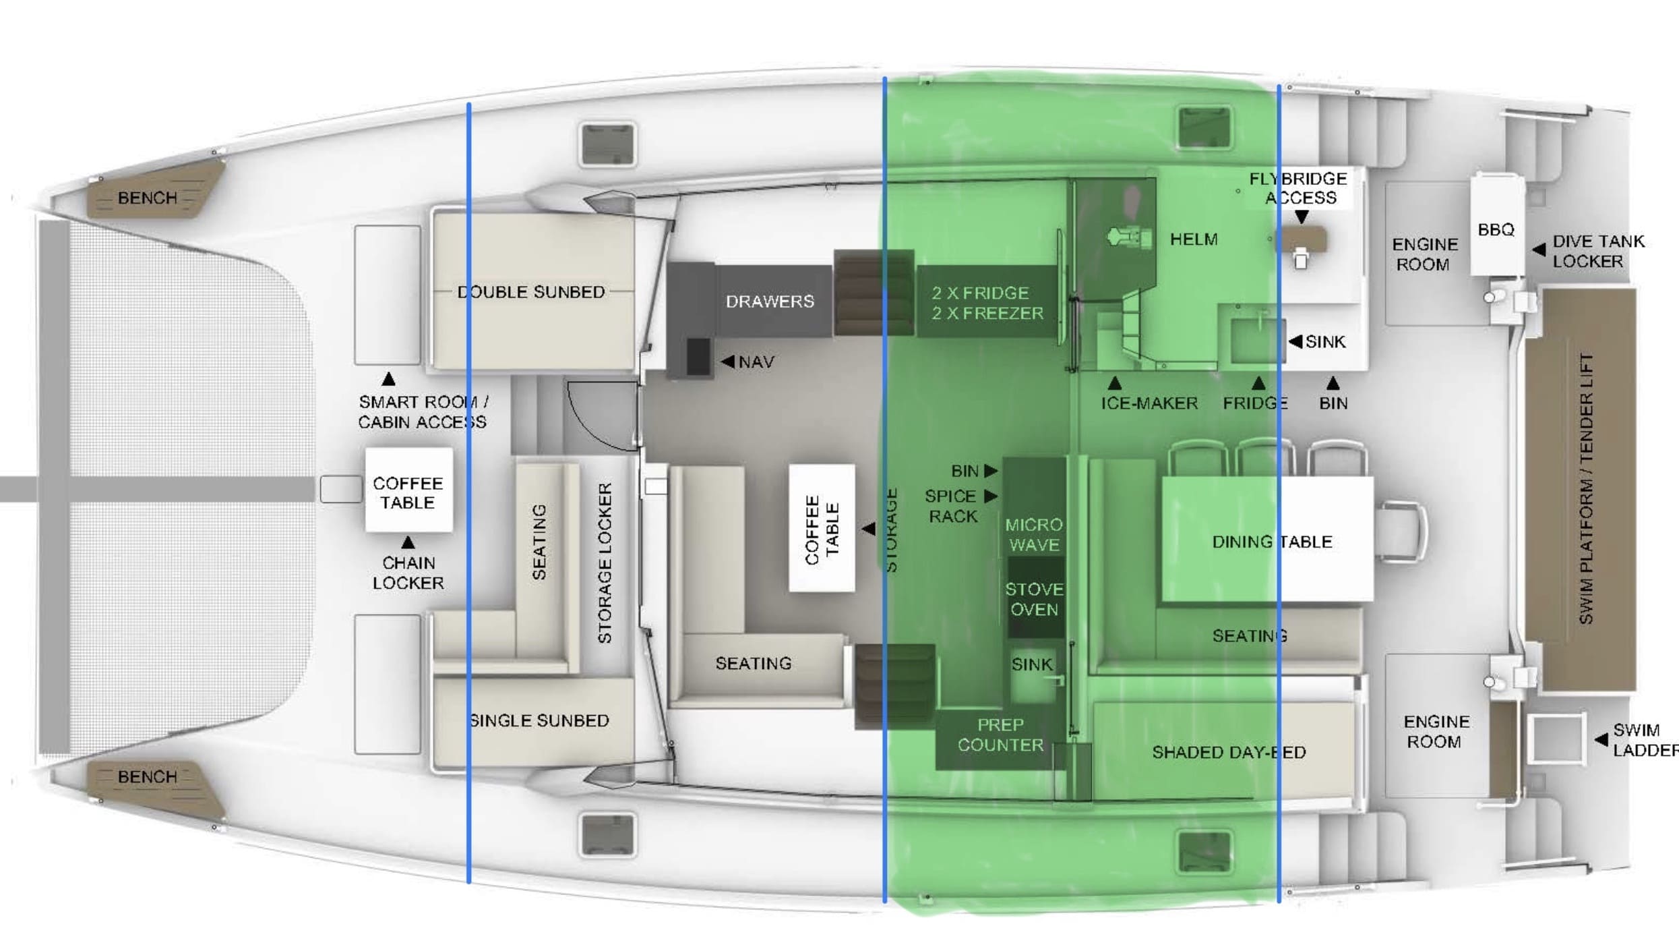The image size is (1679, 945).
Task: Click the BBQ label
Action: [1496, 230]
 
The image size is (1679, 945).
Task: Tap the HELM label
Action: [1193, 239]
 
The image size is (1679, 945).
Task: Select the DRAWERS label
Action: [770, 302]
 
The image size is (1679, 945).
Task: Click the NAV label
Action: [756, 362]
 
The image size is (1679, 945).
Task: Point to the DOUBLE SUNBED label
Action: [531, 292]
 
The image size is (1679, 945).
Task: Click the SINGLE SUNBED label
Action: [539, 720]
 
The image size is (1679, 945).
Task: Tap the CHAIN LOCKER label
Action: [408, 573]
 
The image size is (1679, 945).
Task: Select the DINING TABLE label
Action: [1272, 542]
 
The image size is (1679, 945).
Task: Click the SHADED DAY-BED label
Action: [1229, 752]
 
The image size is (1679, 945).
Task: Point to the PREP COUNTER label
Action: [1000, 735]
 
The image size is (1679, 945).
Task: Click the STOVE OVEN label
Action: [1034, 599]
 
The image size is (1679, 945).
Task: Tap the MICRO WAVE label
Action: [1034, 534]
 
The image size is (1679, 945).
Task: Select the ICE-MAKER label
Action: [1149, 403]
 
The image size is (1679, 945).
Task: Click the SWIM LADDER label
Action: [1643, 740]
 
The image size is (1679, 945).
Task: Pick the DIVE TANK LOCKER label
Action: [1598, 251]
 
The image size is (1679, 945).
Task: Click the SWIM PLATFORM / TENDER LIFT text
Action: [1586, 489]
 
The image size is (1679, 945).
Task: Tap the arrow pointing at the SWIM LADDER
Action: [1600, 740]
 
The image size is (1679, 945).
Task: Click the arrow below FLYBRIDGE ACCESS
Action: [1302, 217]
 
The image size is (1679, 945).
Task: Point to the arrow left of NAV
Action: [727, 362]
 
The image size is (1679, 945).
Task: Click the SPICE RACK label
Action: [951, 506]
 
